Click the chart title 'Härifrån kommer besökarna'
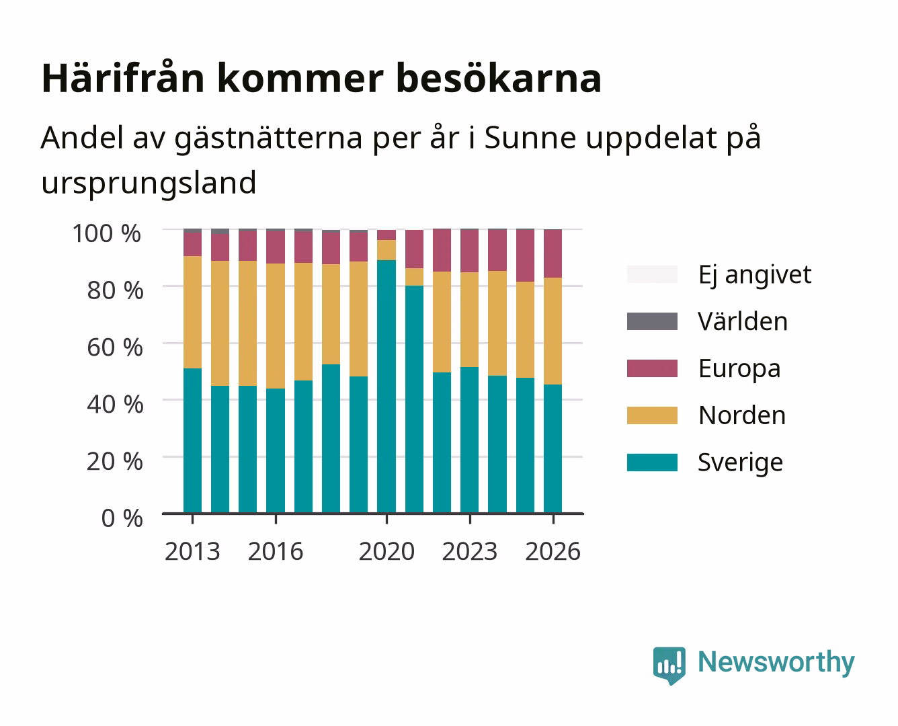pos(321,79)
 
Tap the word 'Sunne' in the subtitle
pos(530,137)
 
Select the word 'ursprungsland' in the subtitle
pos(149,183)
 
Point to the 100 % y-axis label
pos(107,233)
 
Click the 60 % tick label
pos(115,348)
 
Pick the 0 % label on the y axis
pos(122,518)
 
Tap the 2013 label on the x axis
pos(192,551)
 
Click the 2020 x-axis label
pos(386,551)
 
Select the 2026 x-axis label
pos(553,551)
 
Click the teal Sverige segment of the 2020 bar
pos(386,387)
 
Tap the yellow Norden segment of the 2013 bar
pos(192,312)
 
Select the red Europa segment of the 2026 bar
pos(553,253)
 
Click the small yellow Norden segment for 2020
pos(386,250)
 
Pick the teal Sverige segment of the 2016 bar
pos(276,450)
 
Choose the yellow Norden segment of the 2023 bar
pos(470,319)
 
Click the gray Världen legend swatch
pos(652,321)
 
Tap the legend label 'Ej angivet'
pos(755,275)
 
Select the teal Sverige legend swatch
pos(652,462)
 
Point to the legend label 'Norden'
pos(742,415)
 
